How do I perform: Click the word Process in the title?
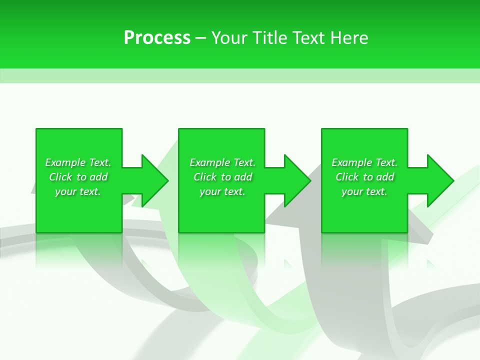[157, 38]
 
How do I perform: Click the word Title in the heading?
[269, 38]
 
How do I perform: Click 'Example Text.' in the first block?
[78, 162]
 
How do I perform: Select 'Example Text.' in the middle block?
[222, 162]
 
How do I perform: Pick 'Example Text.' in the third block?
[364, 162]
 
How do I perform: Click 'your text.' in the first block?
[78, 191]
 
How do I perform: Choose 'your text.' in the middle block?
[222, 191]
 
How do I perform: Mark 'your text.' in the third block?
[364, 191]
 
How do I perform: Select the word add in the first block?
[98, 177]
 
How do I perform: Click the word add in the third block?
[385, 177]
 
